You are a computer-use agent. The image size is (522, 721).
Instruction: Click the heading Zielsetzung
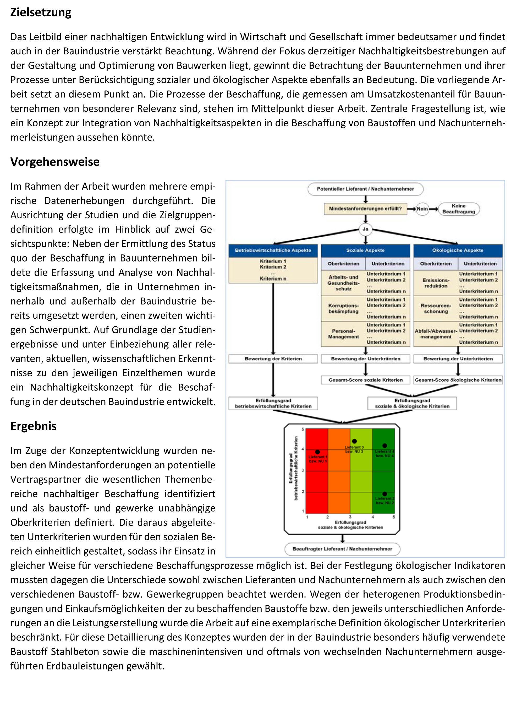tap(41, 12)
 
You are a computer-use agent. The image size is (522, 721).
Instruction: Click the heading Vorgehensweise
tap(55, 162)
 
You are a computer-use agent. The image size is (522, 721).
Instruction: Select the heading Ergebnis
tap(34, 426)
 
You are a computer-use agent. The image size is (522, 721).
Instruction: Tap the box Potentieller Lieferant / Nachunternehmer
tap(365, 189)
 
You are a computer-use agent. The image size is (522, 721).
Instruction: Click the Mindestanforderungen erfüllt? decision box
tap(365, 209)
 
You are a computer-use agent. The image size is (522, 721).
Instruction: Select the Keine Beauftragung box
tap(458, 209)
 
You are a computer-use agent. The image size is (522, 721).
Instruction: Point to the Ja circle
tap(365, 229)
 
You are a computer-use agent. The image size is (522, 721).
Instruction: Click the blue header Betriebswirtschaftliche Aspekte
tap(273, 251)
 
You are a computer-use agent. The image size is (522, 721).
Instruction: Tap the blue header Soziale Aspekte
tap(365, 251)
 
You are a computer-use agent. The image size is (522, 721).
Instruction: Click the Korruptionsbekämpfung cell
tap(343, 308)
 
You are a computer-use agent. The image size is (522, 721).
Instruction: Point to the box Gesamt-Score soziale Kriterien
tap(365, 380)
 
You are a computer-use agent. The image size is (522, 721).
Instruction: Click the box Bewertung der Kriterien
tap(273, 359)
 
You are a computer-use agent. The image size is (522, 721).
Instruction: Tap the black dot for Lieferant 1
tap(317, 452)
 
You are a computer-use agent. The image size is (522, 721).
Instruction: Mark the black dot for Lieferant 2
tap(384, 494)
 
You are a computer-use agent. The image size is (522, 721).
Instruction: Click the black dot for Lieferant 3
tap(354, 441)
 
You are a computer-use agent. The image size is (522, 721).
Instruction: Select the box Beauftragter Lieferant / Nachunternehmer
tap(342, 549)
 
